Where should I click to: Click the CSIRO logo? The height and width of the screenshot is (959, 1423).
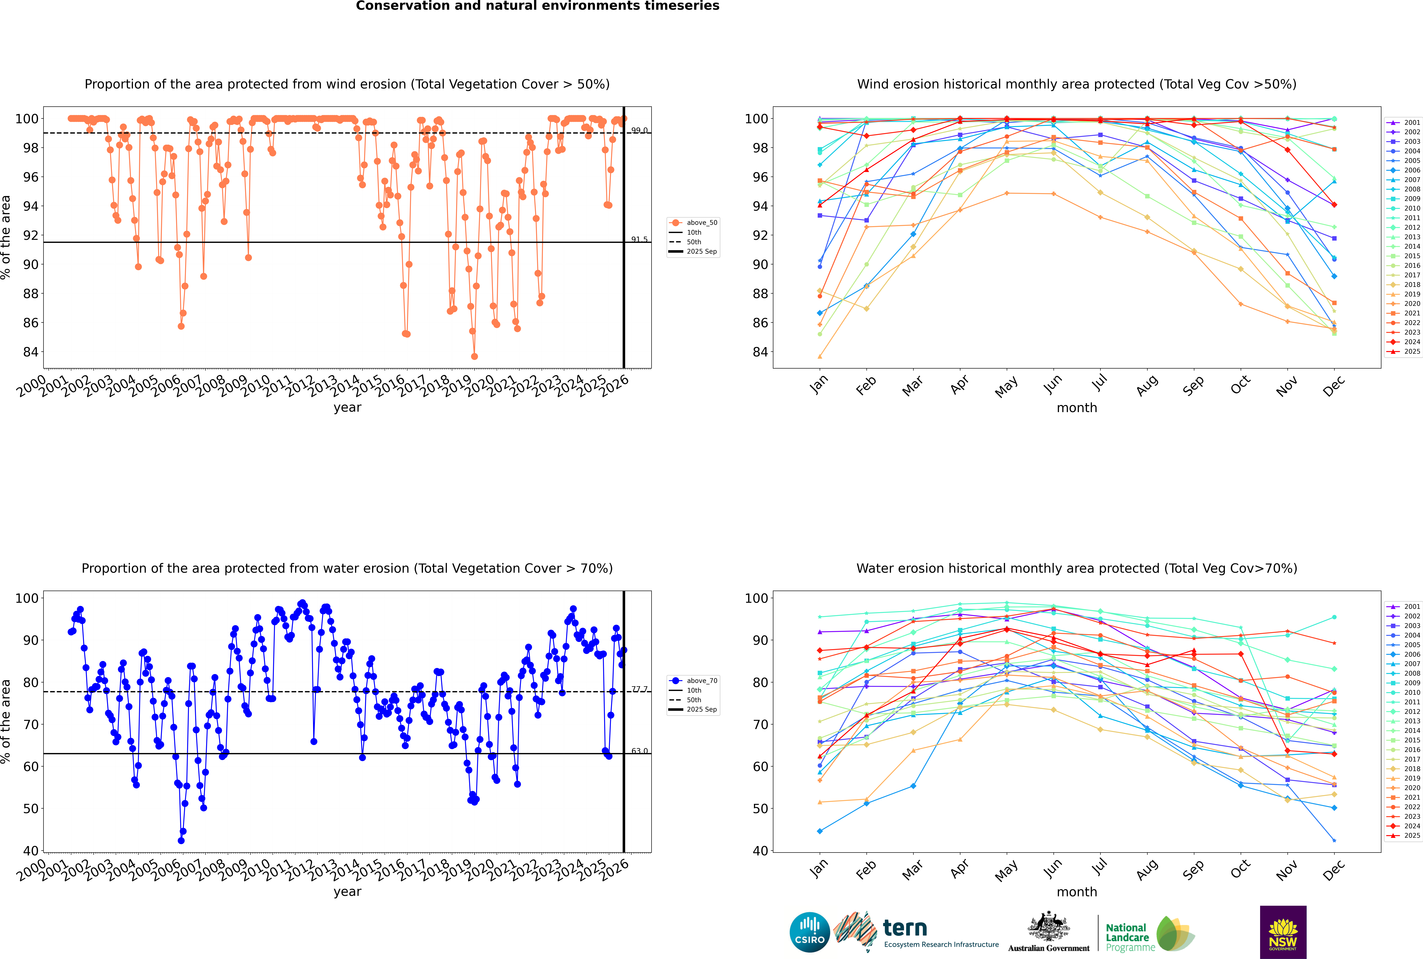pyautogui.click(x=809, y=932)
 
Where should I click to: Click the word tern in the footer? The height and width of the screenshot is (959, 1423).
pyautogui.click(x=905, y=928)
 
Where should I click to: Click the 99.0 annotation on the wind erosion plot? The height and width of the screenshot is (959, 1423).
pyautogui.click(x=639, y=130)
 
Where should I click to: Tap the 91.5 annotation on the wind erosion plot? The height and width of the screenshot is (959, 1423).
pyautogui.click(x=639, y=239)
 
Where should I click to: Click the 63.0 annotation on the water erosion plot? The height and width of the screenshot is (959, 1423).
pyautogui.click(x=639, y=751)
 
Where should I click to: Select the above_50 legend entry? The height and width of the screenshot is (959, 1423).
pyautogui.click(x=701, y=223)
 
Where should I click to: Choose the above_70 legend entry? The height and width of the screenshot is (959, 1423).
pyautogui.click(x=701, y=681)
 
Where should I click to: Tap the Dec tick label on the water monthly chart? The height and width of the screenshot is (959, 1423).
pyautogui.click(x=1334, y=870)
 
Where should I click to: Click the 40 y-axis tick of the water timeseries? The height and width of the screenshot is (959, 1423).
pyautogui.click(x=31, y=851)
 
